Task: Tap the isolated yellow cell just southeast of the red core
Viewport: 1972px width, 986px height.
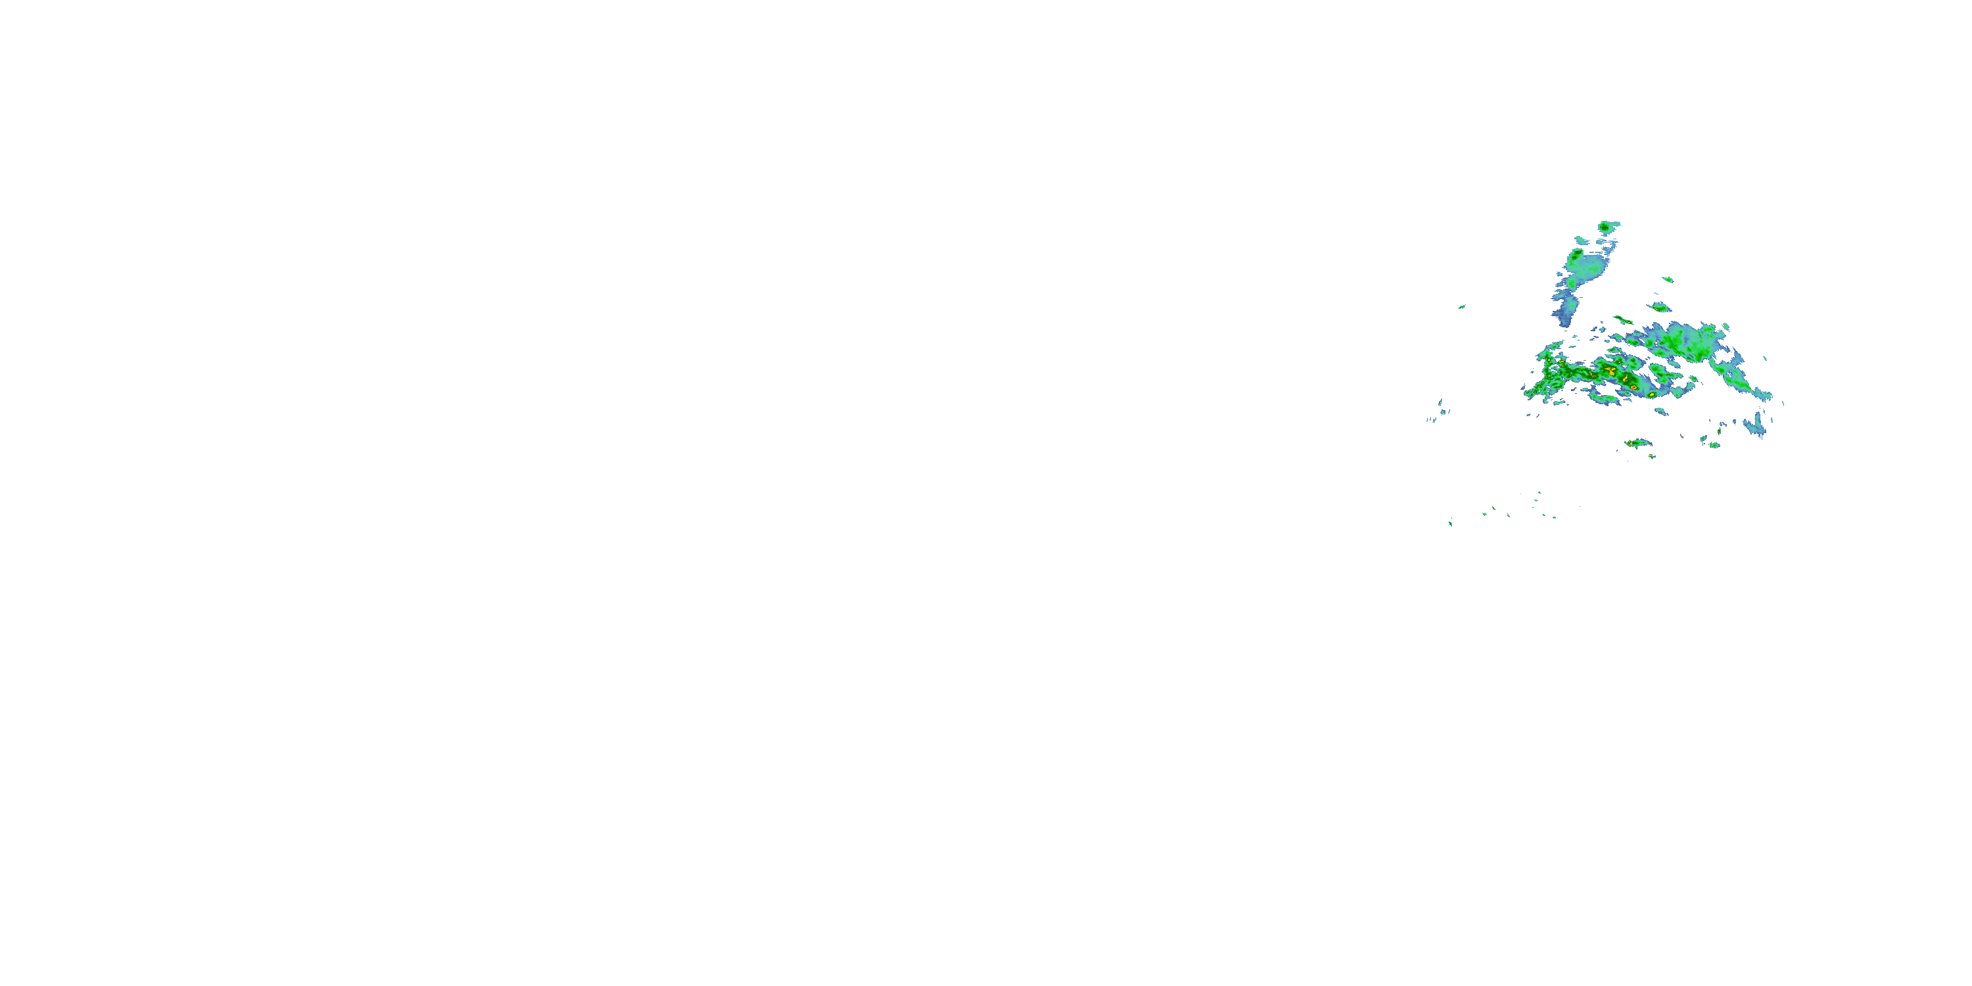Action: [1652, 394]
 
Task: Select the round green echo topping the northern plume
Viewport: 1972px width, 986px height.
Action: [1605, 227]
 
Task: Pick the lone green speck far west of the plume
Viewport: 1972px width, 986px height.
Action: [1461, 307]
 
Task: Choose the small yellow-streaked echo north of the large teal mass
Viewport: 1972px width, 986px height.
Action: [1658, 308]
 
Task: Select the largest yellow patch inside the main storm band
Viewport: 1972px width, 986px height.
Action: [1610, 371]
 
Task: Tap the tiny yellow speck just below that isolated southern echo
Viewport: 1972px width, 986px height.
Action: [1651, 457]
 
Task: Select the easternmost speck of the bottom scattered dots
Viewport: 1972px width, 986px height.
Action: [1554, 517]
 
